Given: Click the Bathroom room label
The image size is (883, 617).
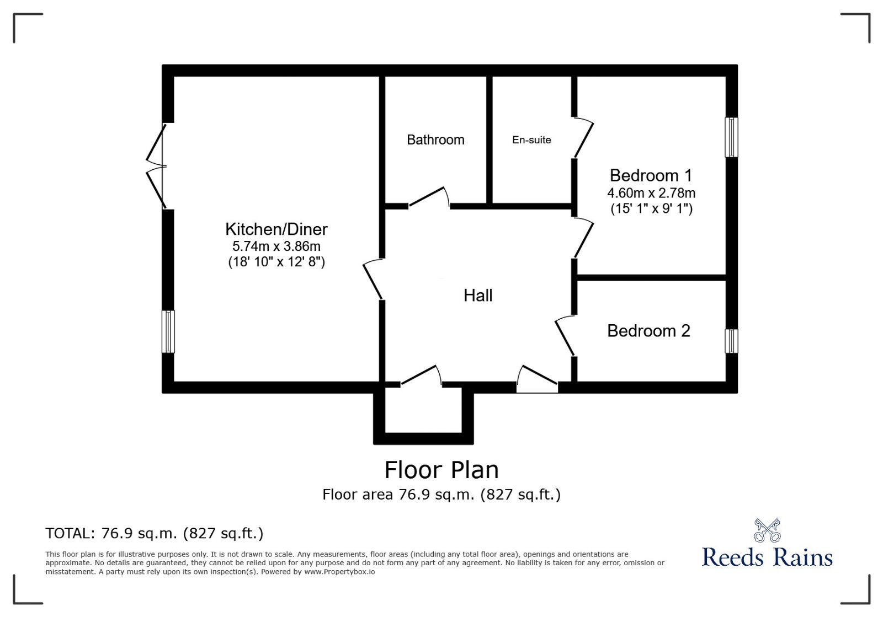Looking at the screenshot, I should [435, 140].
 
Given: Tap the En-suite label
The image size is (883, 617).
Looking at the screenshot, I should [531, 140].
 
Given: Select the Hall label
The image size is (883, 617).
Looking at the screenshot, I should [478, 296].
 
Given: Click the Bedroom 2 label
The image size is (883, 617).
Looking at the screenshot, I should [648, 331].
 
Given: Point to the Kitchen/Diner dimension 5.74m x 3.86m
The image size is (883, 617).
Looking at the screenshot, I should [276, 246].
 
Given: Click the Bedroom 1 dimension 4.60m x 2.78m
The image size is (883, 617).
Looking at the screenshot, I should [651, 193].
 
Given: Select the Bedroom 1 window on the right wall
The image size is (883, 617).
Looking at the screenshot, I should [731, 137].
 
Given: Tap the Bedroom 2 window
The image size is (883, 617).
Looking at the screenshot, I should [731, 341].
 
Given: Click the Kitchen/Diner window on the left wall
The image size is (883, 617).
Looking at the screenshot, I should [168, 331].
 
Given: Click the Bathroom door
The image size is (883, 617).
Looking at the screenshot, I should [429, 197].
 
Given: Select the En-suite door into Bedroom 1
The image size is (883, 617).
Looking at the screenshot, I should [583, 138].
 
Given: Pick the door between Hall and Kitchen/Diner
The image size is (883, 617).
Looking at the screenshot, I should [373, 280].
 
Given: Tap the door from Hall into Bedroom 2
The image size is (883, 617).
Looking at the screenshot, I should [565, 335].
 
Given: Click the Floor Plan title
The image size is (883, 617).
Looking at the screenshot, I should [441, 470].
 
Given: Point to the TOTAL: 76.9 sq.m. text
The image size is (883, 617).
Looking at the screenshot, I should [155, 533].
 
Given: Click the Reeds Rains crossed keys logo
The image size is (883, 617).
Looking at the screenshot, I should [767, 530].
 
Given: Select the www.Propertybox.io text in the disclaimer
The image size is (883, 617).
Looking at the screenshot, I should [339, 572].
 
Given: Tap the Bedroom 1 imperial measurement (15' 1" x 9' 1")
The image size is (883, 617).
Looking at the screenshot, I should [651, 208].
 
